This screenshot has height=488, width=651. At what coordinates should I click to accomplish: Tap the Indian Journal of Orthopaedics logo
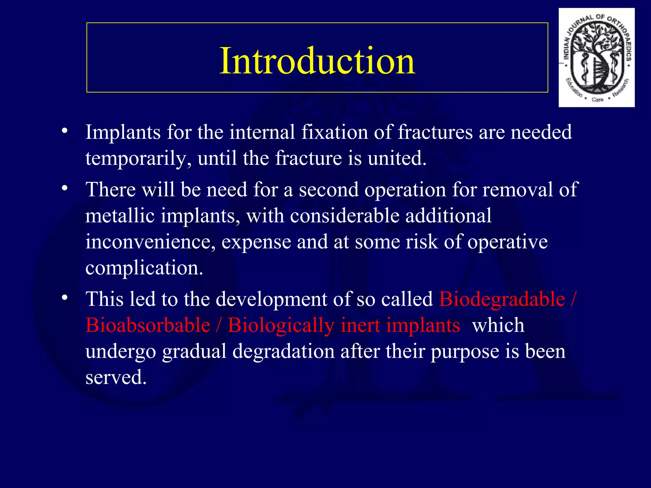pos(596,58)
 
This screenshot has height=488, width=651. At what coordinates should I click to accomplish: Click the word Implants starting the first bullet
pos(123,132)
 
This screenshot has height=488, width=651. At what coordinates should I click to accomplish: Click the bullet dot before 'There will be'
pos(65,188)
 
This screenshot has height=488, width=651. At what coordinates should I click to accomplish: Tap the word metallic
pos(120,216)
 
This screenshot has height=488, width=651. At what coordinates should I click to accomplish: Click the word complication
pos(144,268)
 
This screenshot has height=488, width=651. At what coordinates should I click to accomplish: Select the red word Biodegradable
pos(502,299)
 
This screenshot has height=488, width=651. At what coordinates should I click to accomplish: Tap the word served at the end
pos(116,377)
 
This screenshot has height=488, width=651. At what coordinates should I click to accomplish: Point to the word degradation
pos(283,351)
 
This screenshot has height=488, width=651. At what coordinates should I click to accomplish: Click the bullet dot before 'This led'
pos(65,298)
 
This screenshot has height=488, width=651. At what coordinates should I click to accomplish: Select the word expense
pos(256,242)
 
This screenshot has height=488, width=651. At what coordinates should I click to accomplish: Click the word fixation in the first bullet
pos(334,132)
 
